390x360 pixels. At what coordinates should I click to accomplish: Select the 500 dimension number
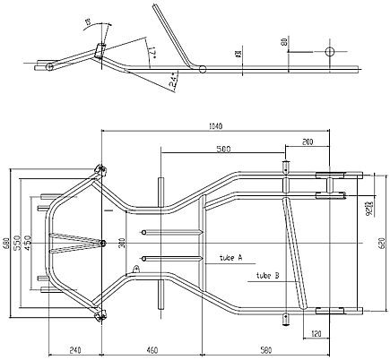(223, 149)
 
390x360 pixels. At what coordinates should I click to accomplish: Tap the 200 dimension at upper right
(308, 142)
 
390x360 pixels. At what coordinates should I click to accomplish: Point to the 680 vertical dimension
(6, 243)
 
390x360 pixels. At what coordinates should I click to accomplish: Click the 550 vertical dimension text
(17, 243)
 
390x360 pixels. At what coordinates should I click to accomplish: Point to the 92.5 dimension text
(368, 210)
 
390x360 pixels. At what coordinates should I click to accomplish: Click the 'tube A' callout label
(230, 258)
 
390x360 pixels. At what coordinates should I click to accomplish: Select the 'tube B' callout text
(268, 274)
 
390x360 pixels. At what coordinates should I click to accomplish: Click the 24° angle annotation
(173, 81)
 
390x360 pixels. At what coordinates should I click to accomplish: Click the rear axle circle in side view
(329, 51)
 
